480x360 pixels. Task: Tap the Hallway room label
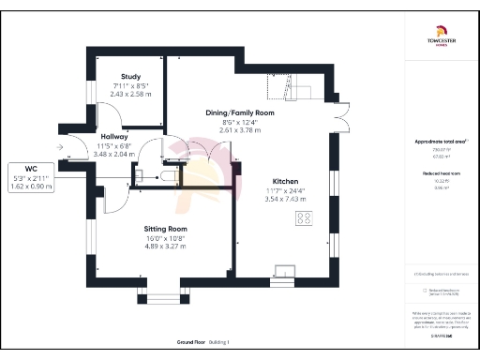point(114,136)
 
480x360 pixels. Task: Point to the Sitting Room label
point(165,229)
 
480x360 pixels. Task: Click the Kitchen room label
point(285,180)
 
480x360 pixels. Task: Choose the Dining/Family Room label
point(240,112)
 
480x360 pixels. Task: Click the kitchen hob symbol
point(305,218)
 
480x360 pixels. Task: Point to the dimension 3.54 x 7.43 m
point(285,199)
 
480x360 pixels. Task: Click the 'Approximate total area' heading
point(440,142)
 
